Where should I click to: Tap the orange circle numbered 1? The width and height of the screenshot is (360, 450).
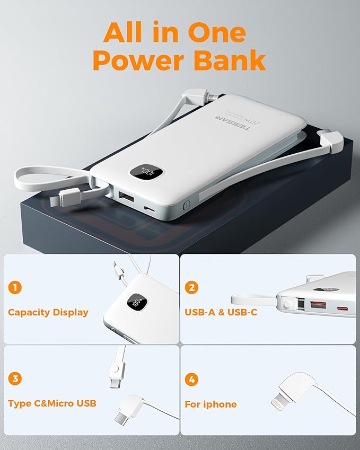coord(15,288)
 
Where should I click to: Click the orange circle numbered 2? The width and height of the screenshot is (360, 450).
coord(192,288)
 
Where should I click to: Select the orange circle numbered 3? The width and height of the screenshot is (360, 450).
coord(15,379)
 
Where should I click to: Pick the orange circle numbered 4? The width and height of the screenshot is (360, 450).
coord(192,380)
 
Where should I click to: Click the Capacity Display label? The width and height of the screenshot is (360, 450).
coord(48,312)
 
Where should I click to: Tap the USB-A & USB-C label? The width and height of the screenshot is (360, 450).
coord(221,312)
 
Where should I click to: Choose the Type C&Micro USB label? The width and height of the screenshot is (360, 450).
coord(52,403)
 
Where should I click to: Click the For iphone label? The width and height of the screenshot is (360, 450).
coord(210,404)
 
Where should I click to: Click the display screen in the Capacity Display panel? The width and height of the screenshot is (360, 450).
coord(139,304)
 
